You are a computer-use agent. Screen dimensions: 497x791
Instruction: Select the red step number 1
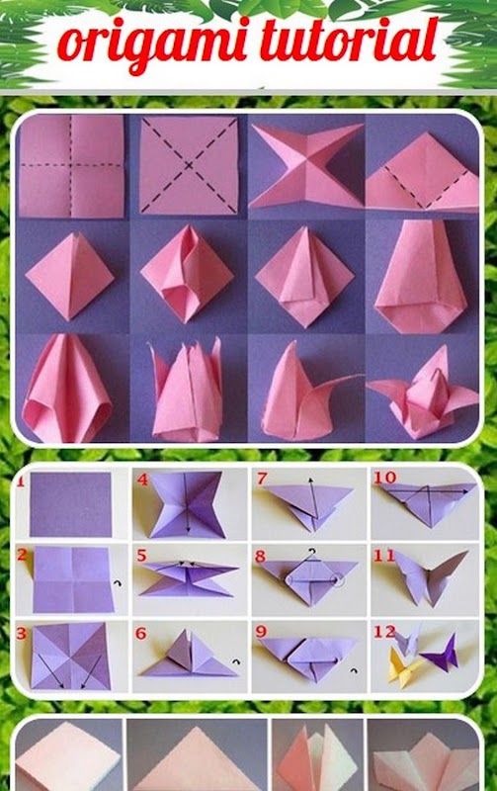21,481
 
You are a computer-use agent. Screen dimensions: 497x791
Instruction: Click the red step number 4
142,480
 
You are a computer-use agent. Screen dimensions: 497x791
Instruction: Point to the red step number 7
261,479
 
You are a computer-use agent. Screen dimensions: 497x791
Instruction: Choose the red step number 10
385,477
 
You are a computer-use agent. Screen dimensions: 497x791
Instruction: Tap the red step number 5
141,556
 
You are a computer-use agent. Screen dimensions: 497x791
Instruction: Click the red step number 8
260,557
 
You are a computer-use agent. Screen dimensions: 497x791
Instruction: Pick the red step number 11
384,556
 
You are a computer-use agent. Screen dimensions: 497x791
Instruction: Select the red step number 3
21,633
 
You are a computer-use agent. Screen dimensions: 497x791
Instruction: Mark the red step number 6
140,633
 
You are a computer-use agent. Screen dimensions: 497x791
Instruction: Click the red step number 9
261,632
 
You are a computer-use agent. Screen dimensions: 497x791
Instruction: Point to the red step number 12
384,631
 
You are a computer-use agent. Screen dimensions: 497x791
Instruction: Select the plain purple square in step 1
70,504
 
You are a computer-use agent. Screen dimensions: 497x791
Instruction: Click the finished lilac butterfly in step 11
430,577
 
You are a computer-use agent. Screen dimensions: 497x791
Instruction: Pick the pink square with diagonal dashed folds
189,165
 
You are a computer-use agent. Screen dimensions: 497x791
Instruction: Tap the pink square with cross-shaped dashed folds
71,166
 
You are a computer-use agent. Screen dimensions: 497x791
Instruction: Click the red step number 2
22,556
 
